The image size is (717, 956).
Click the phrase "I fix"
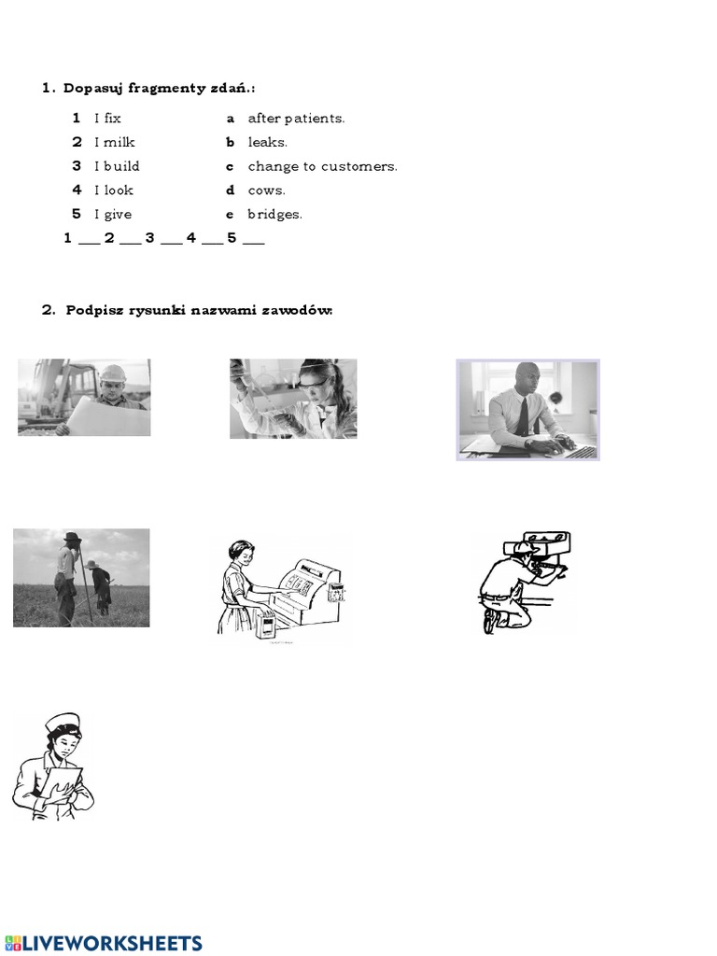(x=107, y=119)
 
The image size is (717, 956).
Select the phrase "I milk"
(x=114, y=143)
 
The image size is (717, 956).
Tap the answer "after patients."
(x=296, y=119)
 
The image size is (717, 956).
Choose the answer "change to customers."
(x=322, y=167)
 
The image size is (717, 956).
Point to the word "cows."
(x=266, y=190)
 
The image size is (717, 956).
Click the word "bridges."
(x=274, y=215)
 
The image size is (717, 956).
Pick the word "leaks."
(x=267, y=143)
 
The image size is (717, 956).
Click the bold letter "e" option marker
(x=230, y=215)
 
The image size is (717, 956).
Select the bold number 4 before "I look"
(x=77, y=190)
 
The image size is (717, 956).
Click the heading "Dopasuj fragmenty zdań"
(x=159, y=89)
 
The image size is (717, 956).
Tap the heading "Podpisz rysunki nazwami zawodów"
(x=198, y=311)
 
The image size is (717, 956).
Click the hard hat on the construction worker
(x=112, y=373)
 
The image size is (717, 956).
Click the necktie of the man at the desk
(x=523, y=415)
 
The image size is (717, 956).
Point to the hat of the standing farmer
(x=71, y=538)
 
